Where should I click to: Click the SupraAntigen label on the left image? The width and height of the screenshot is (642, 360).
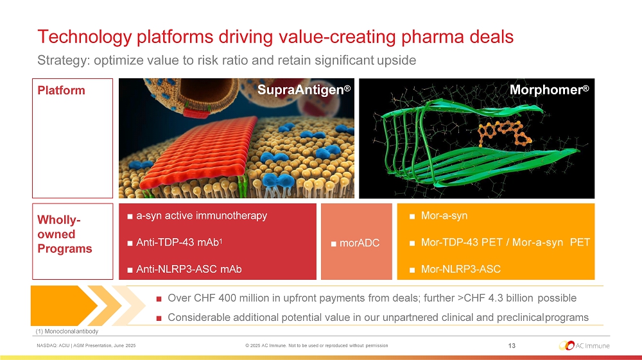pyautogui.click(x=304, y=90)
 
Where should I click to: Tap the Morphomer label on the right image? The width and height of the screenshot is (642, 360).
pyautogui.click(x=549, y=90)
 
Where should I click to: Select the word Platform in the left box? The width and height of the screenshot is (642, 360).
pyautogui.click(x=62, y=90)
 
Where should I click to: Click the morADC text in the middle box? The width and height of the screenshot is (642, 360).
pyautogui.click(x=360, y=243)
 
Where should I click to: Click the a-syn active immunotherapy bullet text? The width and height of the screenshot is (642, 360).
pyautogui.click(x=202, y=216)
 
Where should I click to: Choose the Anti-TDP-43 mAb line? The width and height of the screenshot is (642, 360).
pyautogui.click(x=179, y=242)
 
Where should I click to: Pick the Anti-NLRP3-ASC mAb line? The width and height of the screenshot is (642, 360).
pyautogui.click(x=189, y=269)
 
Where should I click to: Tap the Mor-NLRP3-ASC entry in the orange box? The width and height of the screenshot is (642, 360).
pyautogui.click(x=460, y=269)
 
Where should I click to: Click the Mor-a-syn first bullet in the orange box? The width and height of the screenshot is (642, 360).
pyautogui.click(x=444, y=216)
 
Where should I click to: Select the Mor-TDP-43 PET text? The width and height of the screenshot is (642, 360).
pyautogui.click(x=462, y=242)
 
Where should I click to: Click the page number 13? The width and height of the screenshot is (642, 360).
pyautogui.click(x=512, y=346)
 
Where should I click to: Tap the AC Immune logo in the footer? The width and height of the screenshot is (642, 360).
pyautogui.click(x=584, y=346)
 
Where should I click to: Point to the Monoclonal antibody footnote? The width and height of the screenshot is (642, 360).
pyautogui.click(x=67, y=331)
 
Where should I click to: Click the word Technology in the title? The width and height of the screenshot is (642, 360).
pyautogui.click(x=84, y=37)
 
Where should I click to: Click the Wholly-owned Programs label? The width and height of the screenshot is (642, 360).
pyautogui.click(x=65, y=234)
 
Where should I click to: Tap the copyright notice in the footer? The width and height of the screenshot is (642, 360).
pyautogui.click(x=317, y=346)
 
